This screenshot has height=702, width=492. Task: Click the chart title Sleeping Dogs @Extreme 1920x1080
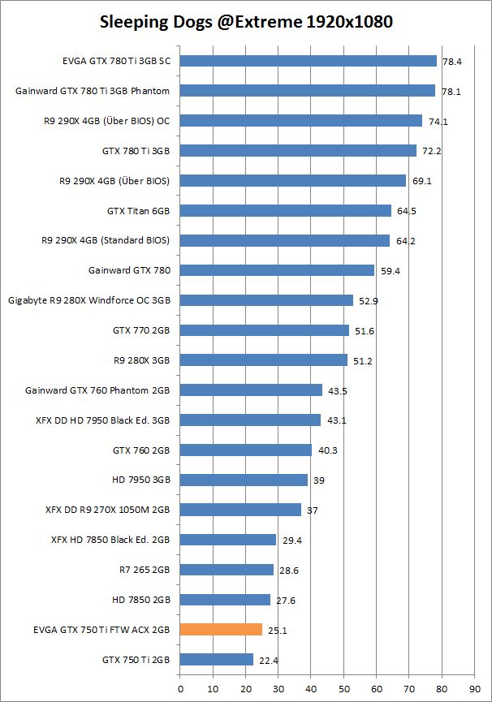(x=246, y=22)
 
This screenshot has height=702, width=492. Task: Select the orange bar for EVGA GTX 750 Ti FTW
(x=221, y=629)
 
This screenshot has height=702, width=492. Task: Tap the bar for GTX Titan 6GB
(x=285, y=210)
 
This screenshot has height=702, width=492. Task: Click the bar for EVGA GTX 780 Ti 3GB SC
(x=308, y=60)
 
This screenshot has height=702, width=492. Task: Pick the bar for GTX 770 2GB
(x=264, y=330)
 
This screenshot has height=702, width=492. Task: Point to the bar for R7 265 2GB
(x=227, y=570)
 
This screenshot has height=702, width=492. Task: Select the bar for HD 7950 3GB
(x=244, y=480)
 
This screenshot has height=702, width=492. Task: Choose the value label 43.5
(x=336, y=391)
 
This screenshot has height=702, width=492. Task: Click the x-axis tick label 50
(x=343, y=686)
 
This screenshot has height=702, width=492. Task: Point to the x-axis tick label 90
(x=474, y=686)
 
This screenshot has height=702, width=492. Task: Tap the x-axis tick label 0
(x=180, y=686)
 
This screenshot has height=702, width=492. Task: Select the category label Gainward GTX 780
(x=129, y=270)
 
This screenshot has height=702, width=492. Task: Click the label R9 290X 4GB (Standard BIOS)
(x=106, y=240)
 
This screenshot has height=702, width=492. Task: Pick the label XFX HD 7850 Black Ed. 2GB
(x=110, y=540)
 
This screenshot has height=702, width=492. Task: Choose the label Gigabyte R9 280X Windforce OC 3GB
(x=89, y=300)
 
